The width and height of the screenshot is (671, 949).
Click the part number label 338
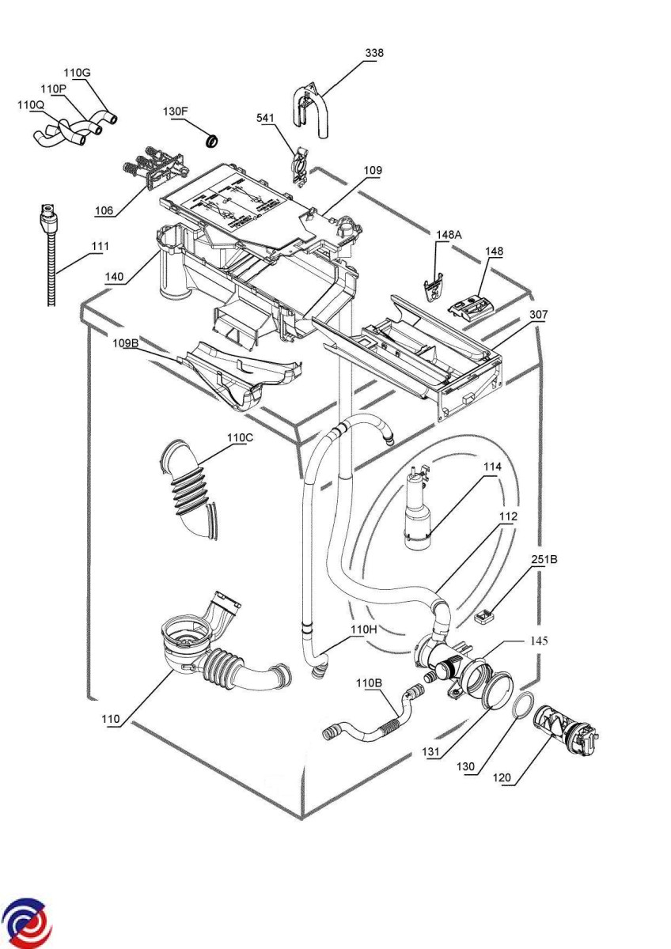tap(374, 53)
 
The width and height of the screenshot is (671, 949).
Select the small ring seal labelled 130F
tap(211, 140)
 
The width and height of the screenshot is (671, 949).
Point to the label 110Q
tap(31, 104)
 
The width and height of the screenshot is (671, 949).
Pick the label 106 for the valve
tap(104, 210)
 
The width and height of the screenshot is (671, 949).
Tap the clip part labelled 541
tap(301, 165)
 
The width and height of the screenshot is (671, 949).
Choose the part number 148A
tap(449, 235)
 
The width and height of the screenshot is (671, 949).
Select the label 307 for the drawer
tap(538, 315)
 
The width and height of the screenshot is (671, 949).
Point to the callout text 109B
tap(126, 343)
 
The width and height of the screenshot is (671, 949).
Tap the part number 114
tap(492, 467)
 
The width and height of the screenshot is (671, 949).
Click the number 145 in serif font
tap(539, 641)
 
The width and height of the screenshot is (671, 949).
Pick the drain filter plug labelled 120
tap(567, 727)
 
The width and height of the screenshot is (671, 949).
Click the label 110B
tap(369, 683)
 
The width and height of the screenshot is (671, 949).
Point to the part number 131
tap(430, 751)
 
